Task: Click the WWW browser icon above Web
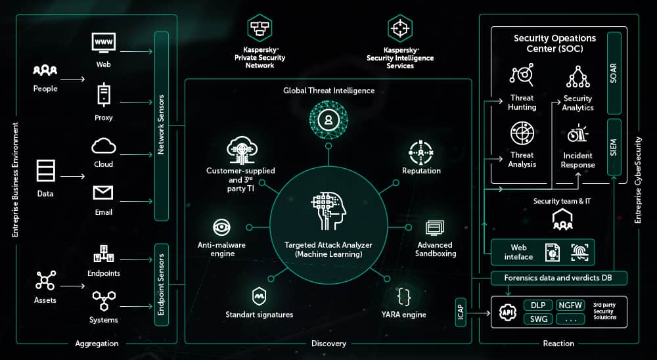click(103, 43)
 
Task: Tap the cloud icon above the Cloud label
click(103, 145)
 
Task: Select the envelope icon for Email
click(103, 193)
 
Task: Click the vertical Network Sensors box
click(161, 125)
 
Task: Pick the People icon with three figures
click(45, 70)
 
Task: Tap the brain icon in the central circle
click(328, 211)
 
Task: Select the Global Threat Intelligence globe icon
click(328, 120)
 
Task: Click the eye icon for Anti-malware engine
click(221, 227)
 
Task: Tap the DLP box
click(537, 305)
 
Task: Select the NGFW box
click(570, 305)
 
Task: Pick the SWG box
click(537, 319)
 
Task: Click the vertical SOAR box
click(614, 72)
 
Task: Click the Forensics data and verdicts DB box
click(558, 278)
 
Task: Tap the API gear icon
click(508, 312)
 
